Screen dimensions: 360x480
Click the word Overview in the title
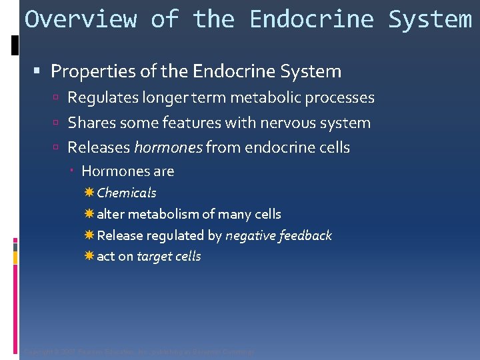(80, 19)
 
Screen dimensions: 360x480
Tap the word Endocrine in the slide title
(312, 19)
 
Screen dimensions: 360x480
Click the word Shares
(90, 123)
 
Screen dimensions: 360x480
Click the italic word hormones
(168, 147)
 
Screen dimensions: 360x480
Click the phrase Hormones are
(127, 171)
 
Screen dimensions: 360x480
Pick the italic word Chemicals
(127, 193)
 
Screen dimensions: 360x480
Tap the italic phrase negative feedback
(278, 235)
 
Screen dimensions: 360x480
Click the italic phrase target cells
(169, 257)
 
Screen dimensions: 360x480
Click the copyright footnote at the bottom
(139, 352)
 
